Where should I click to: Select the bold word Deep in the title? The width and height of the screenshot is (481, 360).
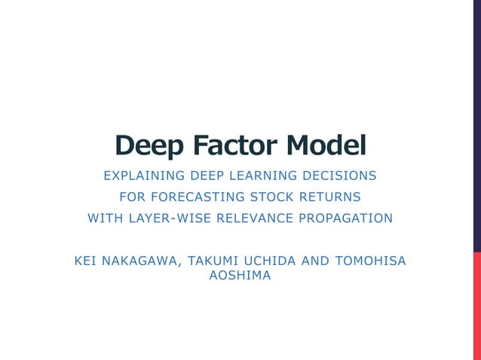(149, 145)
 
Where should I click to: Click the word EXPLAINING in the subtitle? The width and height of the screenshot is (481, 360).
(145, 176)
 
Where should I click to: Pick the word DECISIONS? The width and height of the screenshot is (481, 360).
(339, 176)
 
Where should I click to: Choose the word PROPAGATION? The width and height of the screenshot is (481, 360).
(348, 218)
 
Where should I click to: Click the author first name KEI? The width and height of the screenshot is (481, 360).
(87, 261)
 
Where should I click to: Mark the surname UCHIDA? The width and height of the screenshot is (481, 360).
(272, 261)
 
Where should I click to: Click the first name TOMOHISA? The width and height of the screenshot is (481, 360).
(370, 261)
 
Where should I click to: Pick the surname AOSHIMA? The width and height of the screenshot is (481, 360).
(240, 276)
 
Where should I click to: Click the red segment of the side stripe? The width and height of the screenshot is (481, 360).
(476, 306)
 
